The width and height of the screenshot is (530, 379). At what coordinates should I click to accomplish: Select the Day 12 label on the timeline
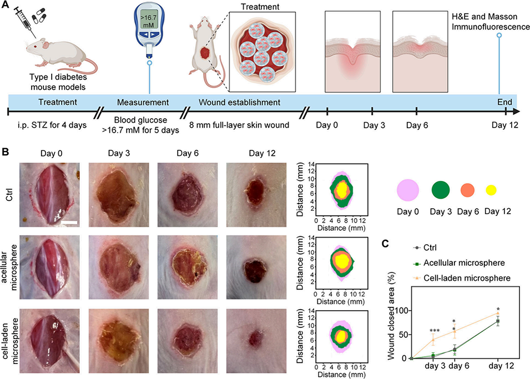tap(504, 124)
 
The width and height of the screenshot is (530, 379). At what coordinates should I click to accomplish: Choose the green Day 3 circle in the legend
tap(443, 190)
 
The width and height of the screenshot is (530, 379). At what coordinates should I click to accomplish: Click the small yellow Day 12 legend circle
tap(491, 190)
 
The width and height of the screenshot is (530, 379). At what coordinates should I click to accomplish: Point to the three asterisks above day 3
tap(434, 332)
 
